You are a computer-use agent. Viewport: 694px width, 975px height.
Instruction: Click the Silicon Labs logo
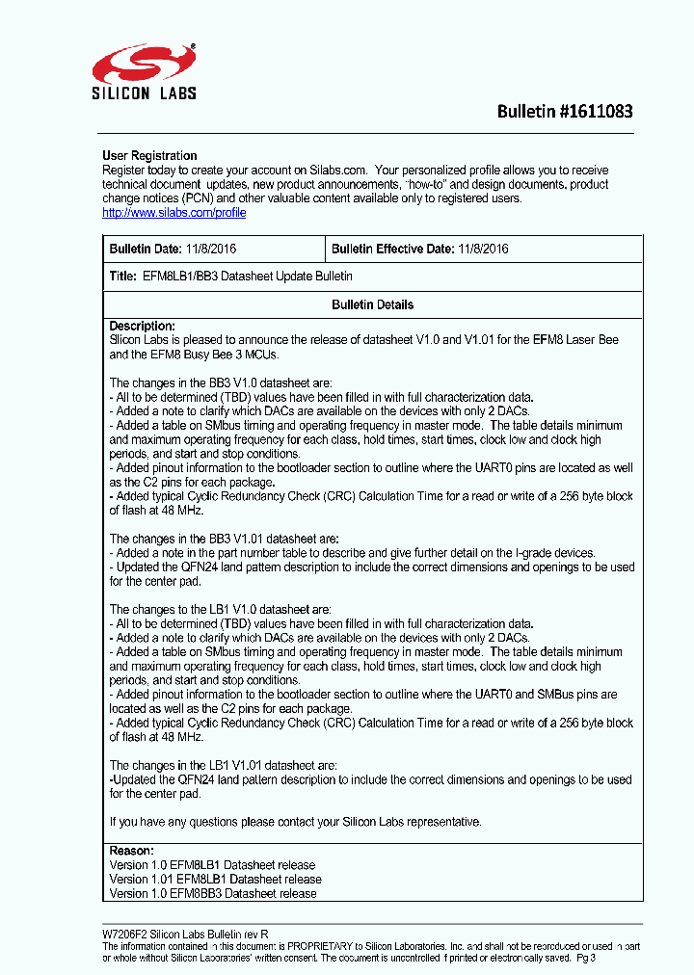click(x=145, y=71)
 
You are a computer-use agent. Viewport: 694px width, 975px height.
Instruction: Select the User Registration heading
click(x=149, y=155)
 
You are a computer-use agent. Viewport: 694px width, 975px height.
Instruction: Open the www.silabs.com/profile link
click(x=173, y=213)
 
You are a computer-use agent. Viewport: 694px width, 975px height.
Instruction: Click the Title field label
click(x=123, y=276)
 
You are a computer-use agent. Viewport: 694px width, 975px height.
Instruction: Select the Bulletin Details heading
click(x=372, y=304)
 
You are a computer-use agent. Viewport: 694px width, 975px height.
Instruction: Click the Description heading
click(x=142, y=326)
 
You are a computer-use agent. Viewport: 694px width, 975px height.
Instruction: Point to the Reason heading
click(x=131, y=851)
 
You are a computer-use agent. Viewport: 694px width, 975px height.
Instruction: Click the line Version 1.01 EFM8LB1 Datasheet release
click(x=215, y=879)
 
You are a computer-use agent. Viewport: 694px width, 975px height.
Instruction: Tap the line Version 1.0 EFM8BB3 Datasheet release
click(x=213, y=893)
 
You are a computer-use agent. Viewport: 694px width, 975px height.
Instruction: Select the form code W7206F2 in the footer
click(x=124, y=935)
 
